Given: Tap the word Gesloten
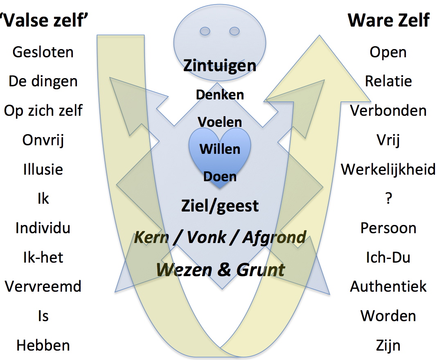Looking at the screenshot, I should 43,52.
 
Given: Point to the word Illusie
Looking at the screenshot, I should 43,169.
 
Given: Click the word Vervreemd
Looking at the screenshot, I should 43,286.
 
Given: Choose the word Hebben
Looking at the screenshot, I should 43,345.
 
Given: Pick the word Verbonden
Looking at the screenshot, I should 388,111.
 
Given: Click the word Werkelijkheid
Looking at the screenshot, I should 388,169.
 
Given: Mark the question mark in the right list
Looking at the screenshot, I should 388,199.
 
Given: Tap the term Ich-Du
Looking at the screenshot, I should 388,257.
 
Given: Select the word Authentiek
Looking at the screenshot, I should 388,286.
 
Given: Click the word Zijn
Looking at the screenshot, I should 388,345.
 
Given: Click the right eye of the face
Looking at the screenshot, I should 234,31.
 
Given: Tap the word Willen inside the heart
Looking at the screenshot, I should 220,148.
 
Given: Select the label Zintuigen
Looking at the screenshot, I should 220,65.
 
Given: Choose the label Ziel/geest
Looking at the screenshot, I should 220,205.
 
